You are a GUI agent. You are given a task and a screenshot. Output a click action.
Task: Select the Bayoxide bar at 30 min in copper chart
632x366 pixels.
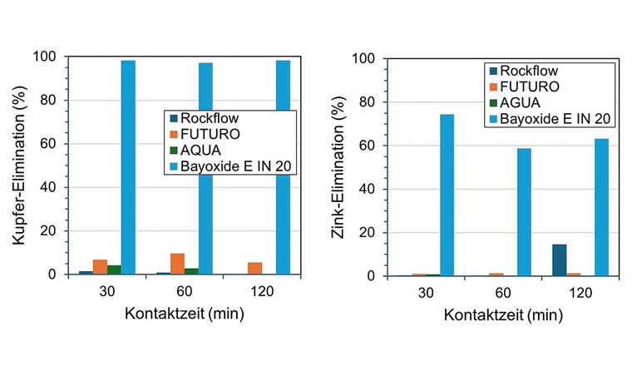(x=128, y=167)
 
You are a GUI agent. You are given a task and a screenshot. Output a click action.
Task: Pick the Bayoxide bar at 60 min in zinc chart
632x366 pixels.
(x=524, y=212)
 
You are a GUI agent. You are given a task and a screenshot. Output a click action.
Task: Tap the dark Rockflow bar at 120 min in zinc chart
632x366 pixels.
(x=560, y=260)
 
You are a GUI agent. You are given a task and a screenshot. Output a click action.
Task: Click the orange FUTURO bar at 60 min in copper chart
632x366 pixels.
(x=177, y=264)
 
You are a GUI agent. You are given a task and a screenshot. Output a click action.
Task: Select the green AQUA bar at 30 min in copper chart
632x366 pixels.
(x=114, y=270)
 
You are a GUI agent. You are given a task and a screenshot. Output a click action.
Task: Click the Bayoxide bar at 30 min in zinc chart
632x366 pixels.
(x=447, y=195)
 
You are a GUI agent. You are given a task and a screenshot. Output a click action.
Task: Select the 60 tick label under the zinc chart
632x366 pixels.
(x=503, y=294)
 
